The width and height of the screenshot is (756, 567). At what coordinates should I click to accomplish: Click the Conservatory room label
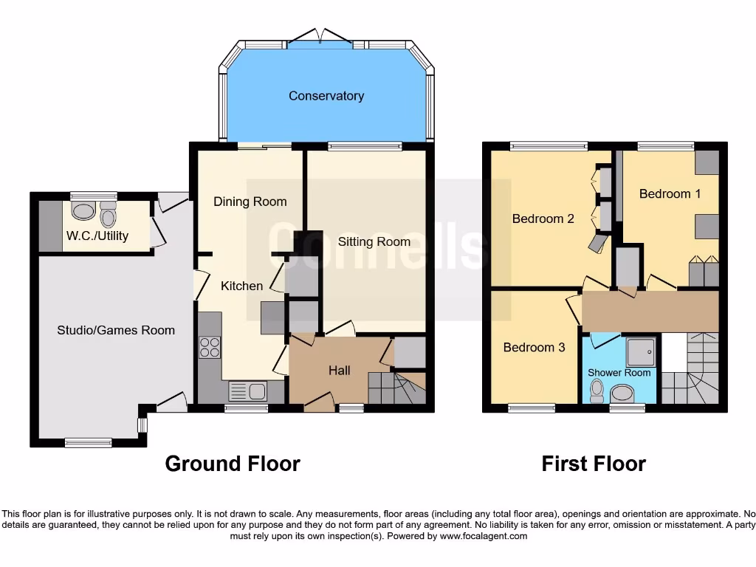[326, 96]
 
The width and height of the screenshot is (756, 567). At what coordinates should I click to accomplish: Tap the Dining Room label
[250, 202]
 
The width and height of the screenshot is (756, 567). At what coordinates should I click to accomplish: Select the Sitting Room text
[374, 241]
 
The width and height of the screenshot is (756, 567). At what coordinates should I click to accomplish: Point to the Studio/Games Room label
[116, 330]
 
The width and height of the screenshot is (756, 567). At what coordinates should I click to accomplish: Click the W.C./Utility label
[97, 236]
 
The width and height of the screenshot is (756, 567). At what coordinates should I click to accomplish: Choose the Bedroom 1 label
[670, 193]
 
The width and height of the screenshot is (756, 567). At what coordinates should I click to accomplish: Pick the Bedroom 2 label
[543, 219]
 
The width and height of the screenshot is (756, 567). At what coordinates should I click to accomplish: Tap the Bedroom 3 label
[534, 347]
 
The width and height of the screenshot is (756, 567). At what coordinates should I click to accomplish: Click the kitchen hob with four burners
[210, 347]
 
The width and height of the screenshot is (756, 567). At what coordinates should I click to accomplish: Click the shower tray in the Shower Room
[640, 352]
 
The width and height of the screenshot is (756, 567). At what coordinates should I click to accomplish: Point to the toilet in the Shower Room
[597, 388]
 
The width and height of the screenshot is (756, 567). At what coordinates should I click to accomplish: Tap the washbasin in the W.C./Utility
[83, 211]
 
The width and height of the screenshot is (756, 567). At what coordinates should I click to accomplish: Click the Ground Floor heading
[232, 464]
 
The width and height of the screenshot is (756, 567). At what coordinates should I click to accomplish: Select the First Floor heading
[594, 464]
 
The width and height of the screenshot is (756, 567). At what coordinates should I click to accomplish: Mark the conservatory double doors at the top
[320, 37]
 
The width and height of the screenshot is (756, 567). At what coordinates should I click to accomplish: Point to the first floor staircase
[690, 369]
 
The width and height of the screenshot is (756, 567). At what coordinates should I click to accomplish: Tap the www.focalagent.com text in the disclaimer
[483, 536]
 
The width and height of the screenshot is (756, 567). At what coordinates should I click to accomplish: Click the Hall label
[339, 371]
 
